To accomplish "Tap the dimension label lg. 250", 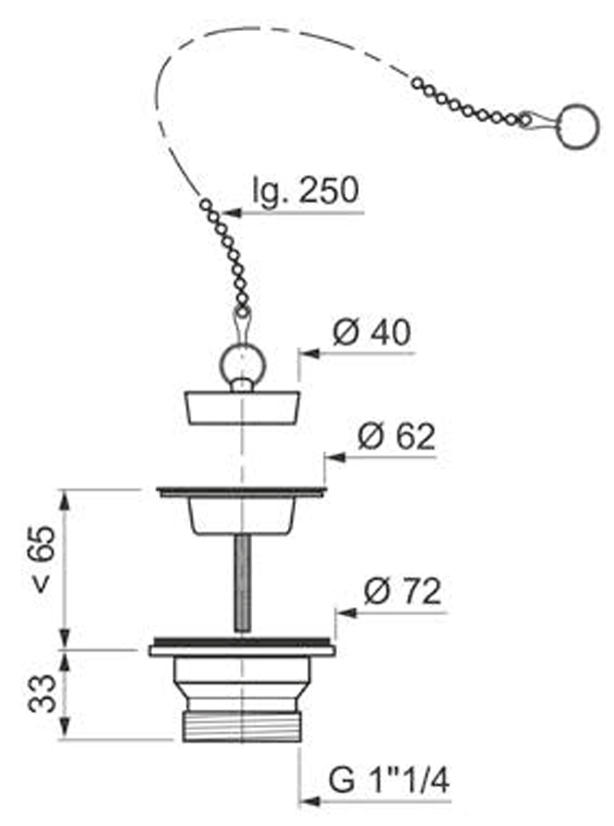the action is pos(305,190).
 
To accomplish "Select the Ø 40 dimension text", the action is pos(371,332).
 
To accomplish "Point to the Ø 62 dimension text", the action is pos(396,436).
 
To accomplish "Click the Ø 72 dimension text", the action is pos(402,591).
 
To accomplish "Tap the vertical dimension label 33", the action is pos(42,693).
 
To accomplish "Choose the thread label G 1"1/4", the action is pos(389,780).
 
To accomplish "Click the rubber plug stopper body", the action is pos(243,407).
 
